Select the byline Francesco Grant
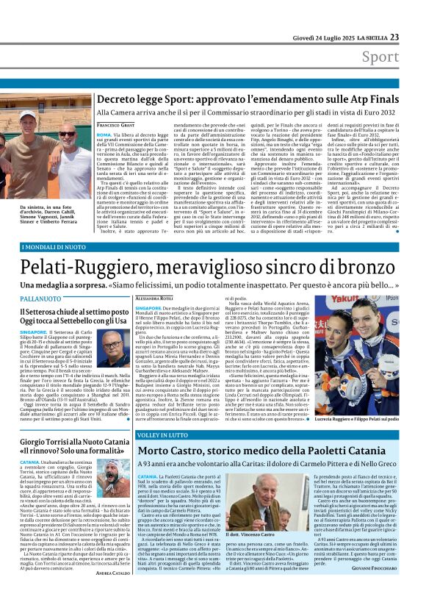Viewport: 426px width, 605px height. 117,126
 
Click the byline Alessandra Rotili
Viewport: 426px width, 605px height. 156,299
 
